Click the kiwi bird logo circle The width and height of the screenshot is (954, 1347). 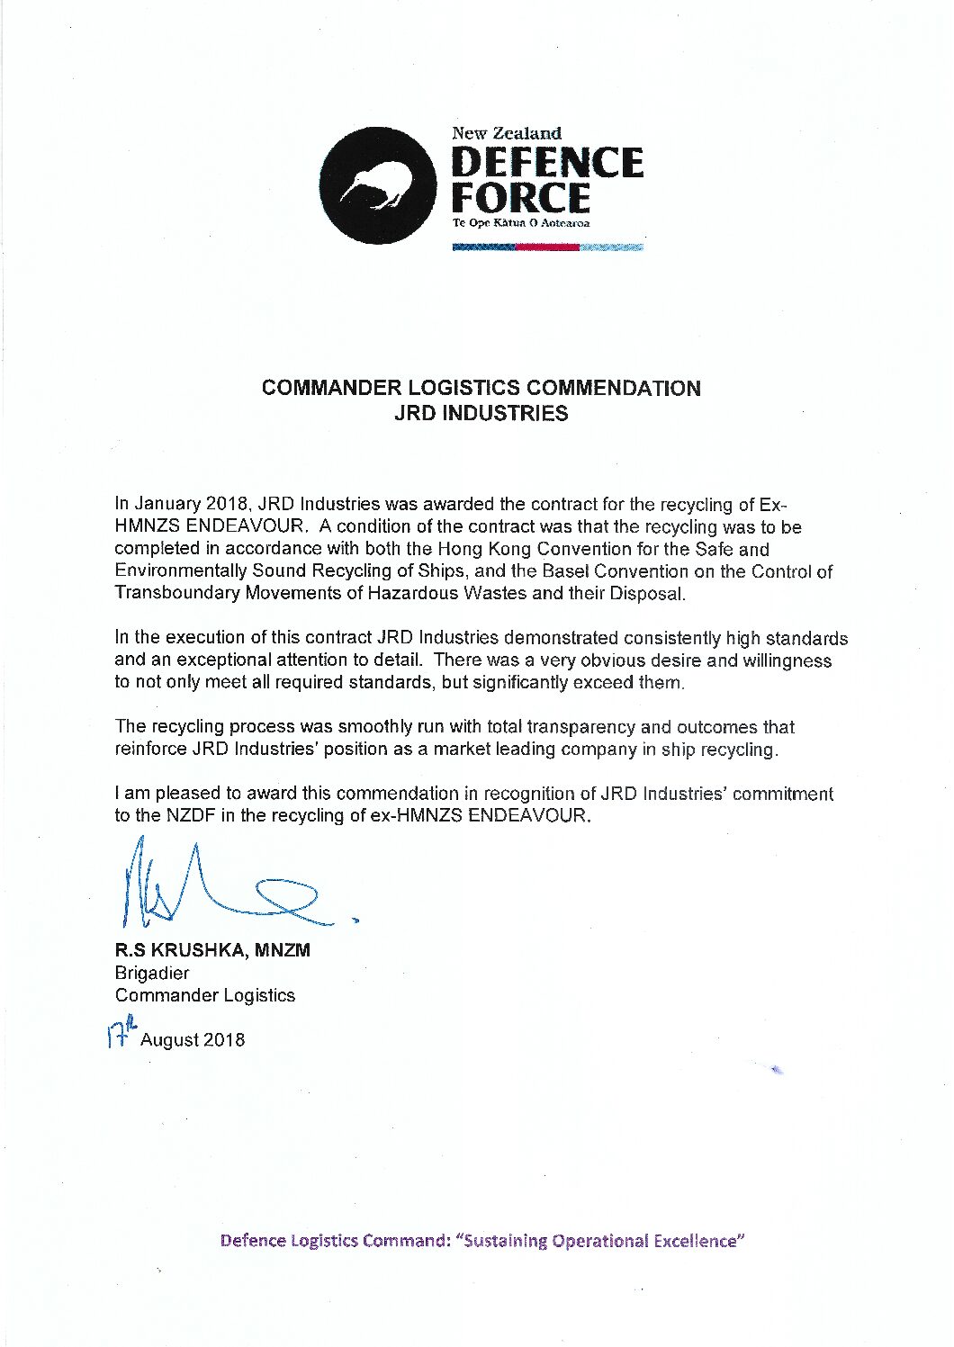(378, 185)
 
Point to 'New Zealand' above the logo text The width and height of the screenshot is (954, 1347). (507, 133)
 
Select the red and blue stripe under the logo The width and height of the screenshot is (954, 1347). (547, 247)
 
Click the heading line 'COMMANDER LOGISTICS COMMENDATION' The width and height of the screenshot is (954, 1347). (481, 389)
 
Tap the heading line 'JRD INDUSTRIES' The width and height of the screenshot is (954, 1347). (481, 414)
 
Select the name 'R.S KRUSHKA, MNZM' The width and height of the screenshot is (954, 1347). (212, 950)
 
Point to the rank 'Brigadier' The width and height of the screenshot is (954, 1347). (152, 973)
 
